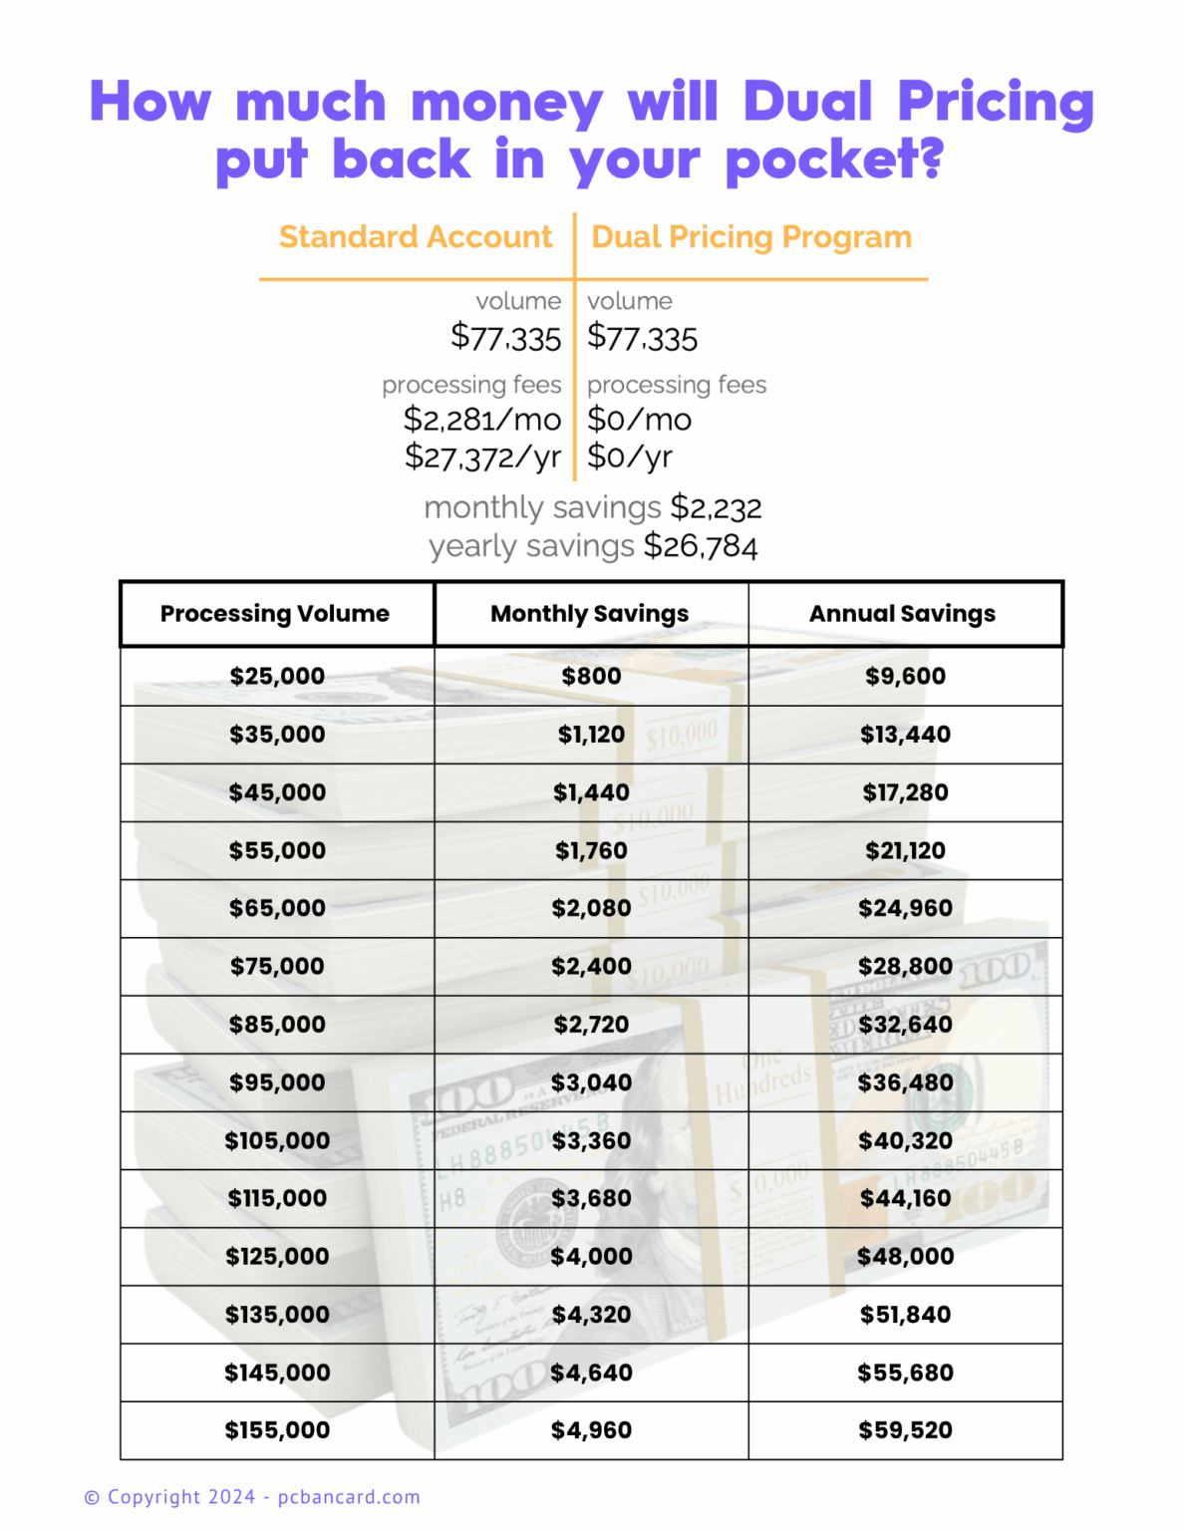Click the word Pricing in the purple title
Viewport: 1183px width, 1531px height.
(996, 103)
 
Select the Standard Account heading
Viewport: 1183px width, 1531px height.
(415, 237)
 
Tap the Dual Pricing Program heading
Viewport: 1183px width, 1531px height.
(751, 237)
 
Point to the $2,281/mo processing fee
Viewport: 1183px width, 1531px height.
(482, 420)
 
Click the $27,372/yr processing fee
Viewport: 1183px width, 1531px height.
(483, 458)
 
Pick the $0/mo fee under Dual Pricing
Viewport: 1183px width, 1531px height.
(640, 420)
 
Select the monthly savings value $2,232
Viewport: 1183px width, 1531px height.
(716, 508)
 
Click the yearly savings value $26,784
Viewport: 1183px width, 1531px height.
(701, 546)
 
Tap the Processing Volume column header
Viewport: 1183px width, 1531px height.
(275, 614)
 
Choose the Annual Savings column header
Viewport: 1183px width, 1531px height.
(902, 614)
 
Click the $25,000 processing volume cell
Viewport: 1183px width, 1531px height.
(277, 676)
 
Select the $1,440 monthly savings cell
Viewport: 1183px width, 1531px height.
(591, 792)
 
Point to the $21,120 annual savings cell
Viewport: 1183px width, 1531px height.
(905, 850)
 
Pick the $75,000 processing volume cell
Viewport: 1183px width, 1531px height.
(277, 966)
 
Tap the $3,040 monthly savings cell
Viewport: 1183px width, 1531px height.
(591, 1082)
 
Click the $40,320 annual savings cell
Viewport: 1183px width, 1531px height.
(905, 1140)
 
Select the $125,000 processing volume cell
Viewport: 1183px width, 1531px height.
(277, 1256)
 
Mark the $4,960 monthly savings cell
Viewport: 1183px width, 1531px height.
(591, 1430)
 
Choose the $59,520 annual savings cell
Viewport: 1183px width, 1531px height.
(905, 1430)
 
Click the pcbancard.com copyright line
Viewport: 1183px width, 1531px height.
(252, 1497)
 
